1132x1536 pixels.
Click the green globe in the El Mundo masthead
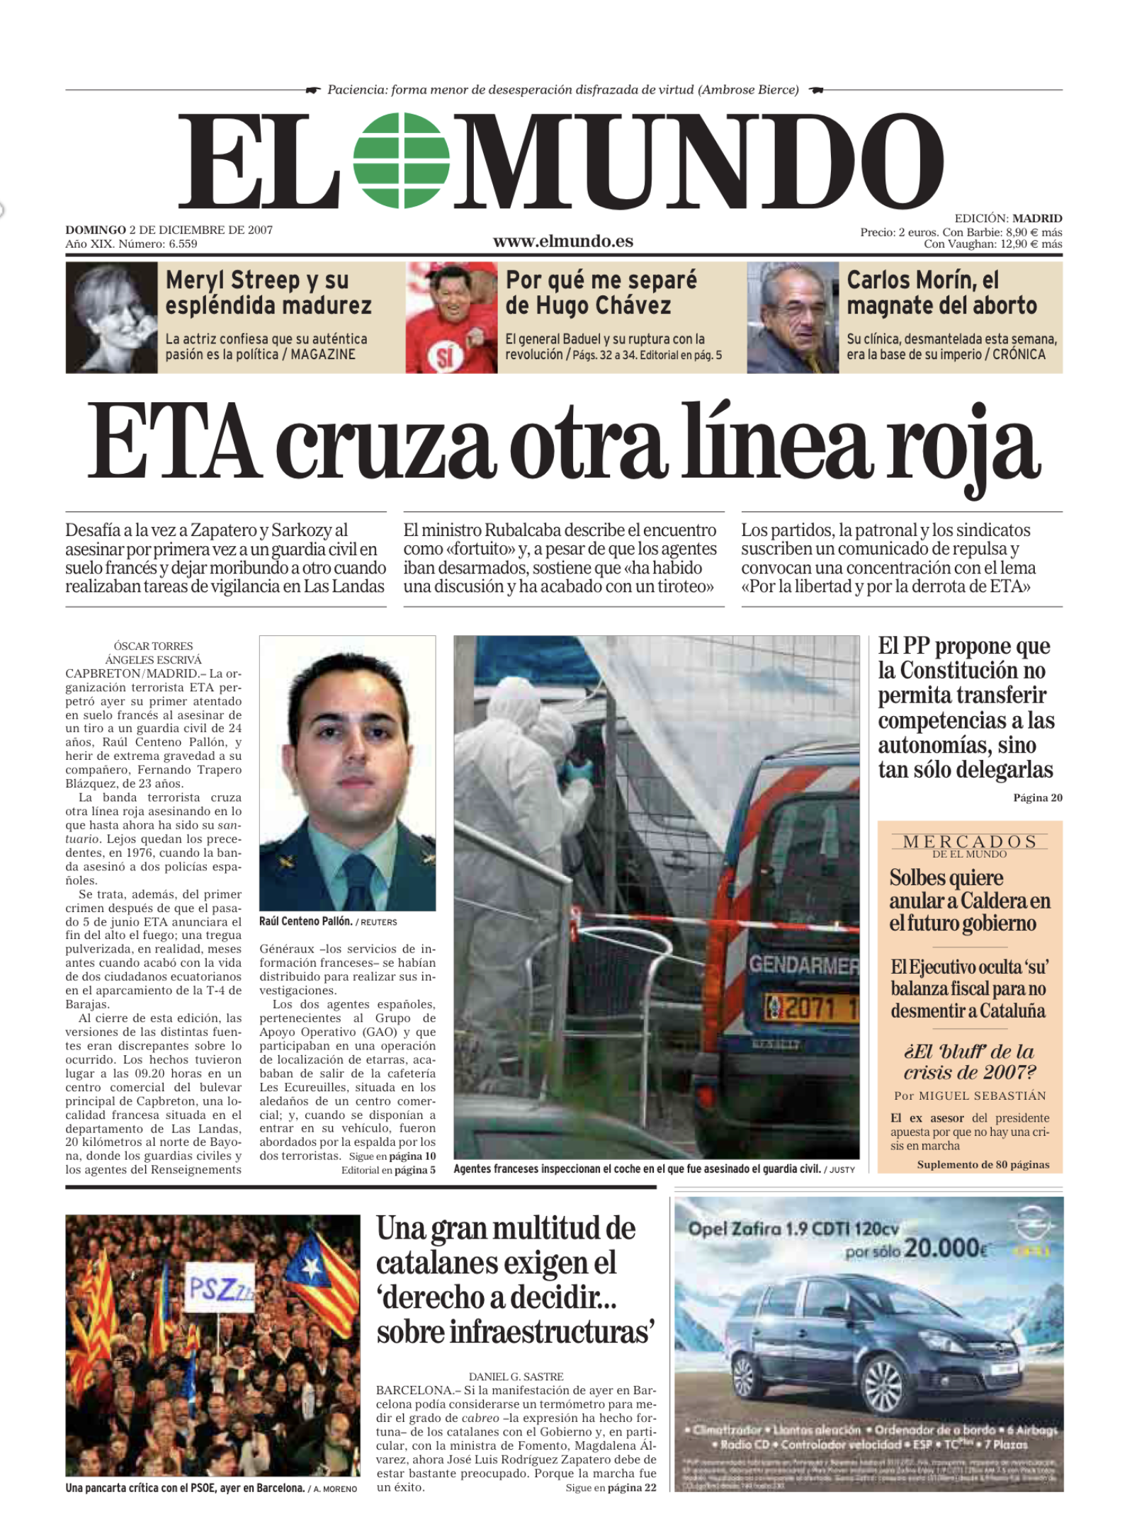[x=402, y=160]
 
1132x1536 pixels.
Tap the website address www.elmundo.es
[x=563, y=241]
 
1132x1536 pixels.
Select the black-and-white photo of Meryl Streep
[x=111, y=318]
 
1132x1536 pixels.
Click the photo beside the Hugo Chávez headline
[x=451, y=318]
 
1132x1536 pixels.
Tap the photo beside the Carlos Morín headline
[x=793, y=318]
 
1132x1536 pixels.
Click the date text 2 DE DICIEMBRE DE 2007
[x=200, y=230]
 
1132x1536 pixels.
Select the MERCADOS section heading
[x=969, y=841]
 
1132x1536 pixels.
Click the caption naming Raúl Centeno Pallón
[x=306, y=921]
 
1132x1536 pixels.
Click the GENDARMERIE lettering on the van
[x=803, y=965]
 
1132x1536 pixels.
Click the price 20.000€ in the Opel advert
[x=946, y=1248]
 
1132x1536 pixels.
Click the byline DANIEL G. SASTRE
[x=516, y=1377]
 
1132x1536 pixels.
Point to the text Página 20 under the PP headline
[x=1037, y=798]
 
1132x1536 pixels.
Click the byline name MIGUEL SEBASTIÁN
[x=982, y=1096]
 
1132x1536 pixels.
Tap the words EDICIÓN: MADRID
[x=1007, y=219]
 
